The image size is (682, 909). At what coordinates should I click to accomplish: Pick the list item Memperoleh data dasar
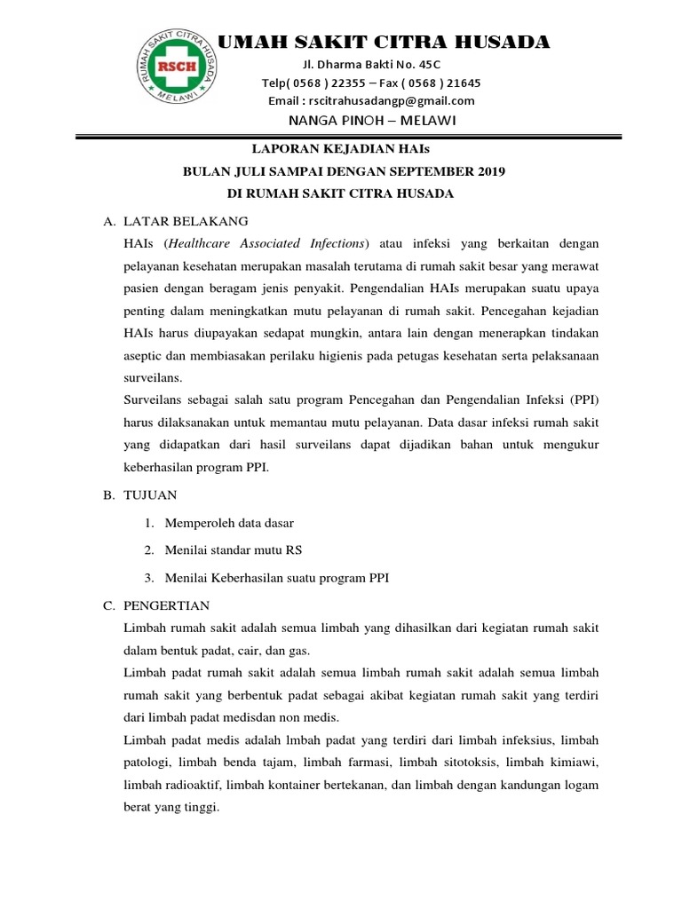pos(229,523)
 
